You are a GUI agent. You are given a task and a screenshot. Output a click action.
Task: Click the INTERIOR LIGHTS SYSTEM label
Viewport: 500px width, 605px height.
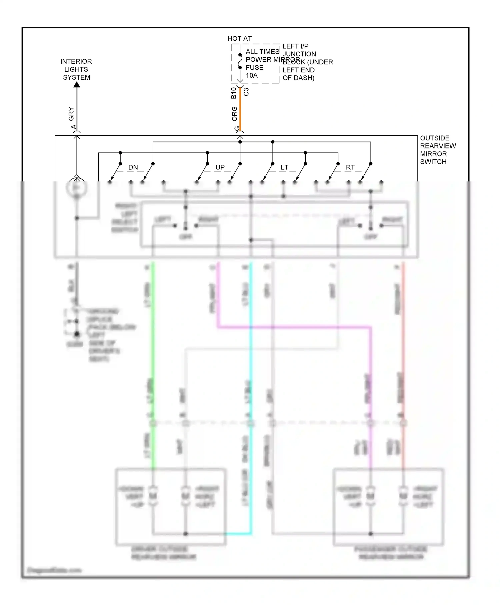(76, 69)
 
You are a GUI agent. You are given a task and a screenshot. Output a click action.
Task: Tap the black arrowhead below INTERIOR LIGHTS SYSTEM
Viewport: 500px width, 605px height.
(77, 85)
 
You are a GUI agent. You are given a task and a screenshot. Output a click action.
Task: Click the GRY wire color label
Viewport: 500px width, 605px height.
(71, 114)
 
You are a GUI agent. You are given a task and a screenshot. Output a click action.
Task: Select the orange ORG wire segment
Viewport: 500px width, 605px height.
(240, 110)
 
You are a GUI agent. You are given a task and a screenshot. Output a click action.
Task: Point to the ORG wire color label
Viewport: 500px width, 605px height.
(234, 114)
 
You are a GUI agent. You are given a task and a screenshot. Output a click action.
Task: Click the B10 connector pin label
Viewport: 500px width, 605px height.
(234, 93)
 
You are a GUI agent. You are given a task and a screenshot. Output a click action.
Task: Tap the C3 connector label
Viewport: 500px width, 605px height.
(246, 92)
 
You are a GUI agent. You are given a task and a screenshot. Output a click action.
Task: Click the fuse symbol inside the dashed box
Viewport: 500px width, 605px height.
(240, 61)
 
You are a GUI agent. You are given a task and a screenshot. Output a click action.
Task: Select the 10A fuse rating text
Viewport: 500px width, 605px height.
(252, 75)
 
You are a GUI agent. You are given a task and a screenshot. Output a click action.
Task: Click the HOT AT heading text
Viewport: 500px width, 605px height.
(239, 39)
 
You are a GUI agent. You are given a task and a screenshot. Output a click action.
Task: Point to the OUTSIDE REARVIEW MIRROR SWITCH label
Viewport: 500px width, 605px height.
(437, 150)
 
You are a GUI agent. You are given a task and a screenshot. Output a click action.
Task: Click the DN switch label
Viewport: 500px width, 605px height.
(133, 167)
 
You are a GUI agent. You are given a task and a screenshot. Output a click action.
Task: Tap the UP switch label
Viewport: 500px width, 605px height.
(220, 167)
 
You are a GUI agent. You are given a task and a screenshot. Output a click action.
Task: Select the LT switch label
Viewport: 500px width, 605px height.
(284, 167)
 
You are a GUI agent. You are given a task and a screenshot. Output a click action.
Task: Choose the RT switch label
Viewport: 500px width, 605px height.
(350, 167)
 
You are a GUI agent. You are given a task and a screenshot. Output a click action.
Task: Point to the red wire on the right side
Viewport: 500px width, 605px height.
(403, 334)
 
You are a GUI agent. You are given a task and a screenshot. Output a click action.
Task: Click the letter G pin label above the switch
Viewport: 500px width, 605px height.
(237, 128)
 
